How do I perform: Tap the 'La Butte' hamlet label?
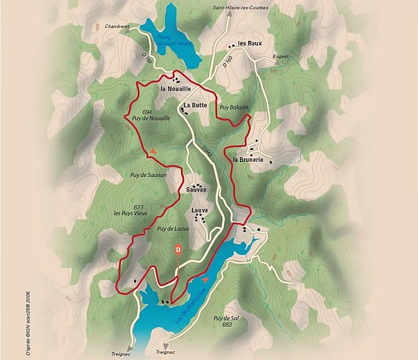195,105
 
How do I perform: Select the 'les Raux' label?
249,44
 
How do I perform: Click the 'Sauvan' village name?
196,189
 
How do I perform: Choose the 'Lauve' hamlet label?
200,211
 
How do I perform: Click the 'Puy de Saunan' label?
148,175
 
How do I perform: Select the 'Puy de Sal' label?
226,318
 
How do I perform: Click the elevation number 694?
148,112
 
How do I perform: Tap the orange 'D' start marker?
178,249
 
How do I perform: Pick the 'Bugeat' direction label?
280,55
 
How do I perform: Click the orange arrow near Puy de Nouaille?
154,150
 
